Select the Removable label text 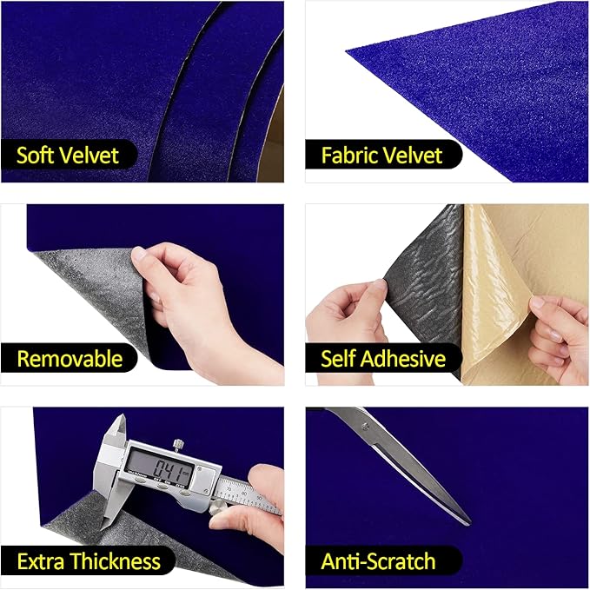70,358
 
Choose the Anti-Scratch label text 378,561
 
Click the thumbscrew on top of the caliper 176,445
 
